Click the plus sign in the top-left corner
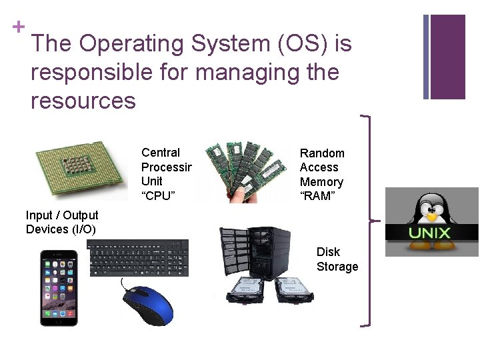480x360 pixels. pos(18,27)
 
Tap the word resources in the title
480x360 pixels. pos(83,101)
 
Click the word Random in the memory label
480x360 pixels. pos(322,153)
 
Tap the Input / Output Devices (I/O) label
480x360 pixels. pos(62,222)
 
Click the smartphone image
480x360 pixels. pos(59,288)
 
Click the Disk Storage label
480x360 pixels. pos(337,259)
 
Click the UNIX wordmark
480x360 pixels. pos(430,233)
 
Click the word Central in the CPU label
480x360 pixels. pos(161,153)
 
